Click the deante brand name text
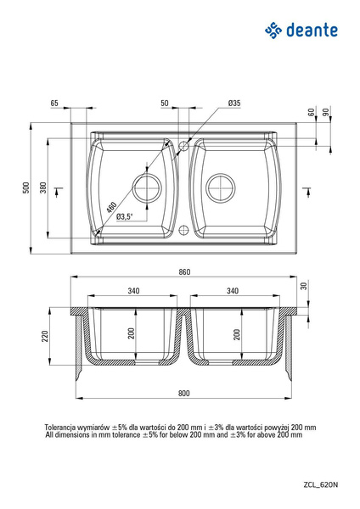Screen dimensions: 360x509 pyautogui.click(x=312, y=31)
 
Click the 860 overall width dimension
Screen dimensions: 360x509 pyautogui.click(x=184, y=271)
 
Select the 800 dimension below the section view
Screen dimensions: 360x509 pyautogui.click(x=183, y=393)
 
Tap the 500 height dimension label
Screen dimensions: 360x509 pyautogui.click(x=26, y=187)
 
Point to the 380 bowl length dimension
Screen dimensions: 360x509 pyautogui.click(x=43, y=187)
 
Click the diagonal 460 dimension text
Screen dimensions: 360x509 pyautogui.click(x=111, y=208)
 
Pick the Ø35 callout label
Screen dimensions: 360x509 pyautogui.click(x=234, y=103)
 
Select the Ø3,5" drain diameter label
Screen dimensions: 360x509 pyautogui.click(x=125, y=216)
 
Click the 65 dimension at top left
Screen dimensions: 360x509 pyautogui.click(x=54, y=103)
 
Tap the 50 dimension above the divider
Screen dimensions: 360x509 pyautogui.click(x=165, y=103)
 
